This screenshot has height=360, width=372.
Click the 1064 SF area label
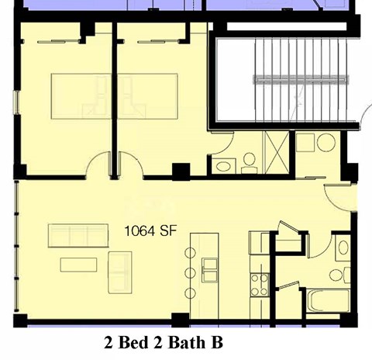153,230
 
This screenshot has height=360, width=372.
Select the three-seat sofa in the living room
77,234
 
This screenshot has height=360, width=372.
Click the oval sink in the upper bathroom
223,165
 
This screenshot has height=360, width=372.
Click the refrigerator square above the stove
258,243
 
